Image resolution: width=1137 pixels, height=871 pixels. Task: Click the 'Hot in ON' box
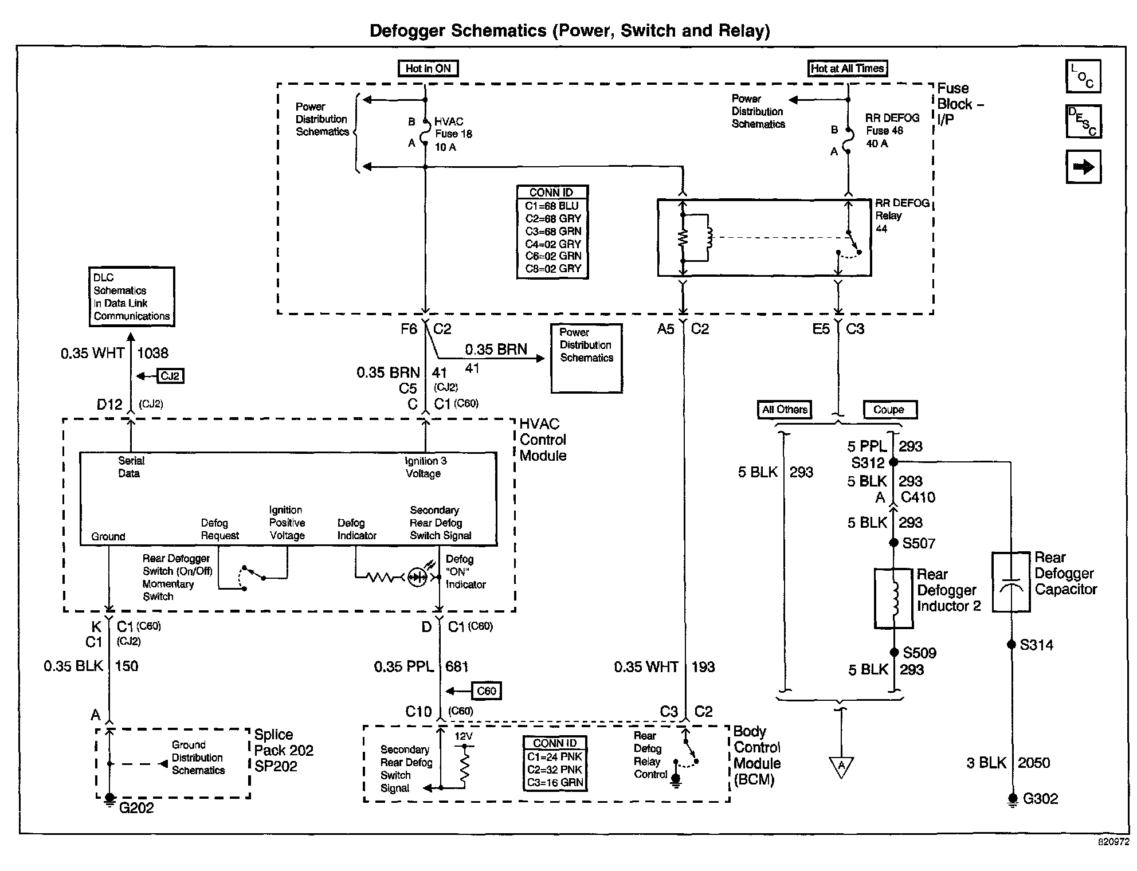coord(428,69)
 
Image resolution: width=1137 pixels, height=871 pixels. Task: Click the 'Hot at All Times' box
coord(847,69)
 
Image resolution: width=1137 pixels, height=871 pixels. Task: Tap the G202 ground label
coord(136,807)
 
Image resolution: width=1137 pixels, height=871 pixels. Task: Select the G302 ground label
coord(1040,798)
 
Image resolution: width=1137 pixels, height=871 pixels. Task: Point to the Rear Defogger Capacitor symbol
coord(1011,582)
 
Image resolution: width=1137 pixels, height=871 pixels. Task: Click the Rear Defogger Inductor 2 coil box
coord(893,598)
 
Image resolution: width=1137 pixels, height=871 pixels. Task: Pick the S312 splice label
coord(868,462)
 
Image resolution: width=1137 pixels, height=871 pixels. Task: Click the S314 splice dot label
coord(1036,645)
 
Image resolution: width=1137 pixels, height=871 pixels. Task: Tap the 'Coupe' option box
coord(889,410)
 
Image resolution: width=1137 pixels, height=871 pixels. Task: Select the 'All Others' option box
coord(784,410)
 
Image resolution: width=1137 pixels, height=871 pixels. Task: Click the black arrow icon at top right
coord(1083,167)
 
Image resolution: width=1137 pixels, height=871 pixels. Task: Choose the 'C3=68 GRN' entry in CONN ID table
coord(553,232)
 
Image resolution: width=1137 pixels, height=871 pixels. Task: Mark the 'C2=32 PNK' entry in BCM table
coord(555,770)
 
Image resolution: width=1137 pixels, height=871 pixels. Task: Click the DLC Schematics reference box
coord(131,297)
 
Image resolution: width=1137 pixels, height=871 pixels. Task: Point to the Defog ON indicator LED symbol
coord(417,577)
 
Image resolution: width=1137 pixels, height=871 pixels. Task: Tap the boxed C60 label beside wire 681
coord(486,691)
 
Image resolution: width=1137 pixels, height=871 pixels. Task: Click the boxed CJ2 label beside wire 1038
coord(170,376)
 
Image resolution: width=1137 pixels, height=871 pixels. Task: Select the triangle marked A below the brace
coord(841,767)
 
